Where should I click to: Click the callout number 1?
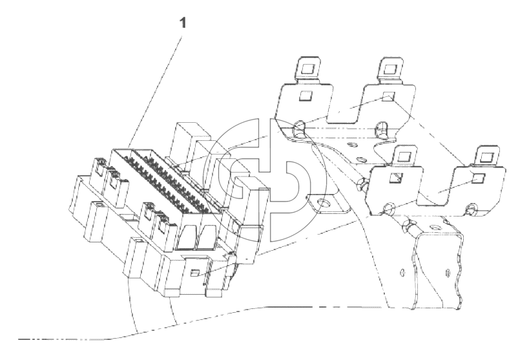click(x=183, y=23)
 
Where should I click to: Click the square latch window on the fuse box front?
click(x=195, y=273)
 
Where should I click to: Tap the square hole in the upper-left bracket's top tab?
click(x=307, y=69)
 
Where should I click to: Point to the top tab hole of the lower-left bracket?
click(x=402, y=156)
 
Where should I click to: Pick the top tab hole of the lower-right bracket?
click(x=486, y=157)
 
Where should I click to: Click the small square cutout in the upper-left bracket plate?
click(x=306, y=96)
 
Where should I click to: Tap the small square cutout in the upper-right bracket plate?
click(x=388, y=97)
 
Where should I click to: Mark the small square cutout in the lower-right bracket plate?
click(x=477, y=178)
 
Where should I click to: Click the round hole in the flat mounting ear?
click(x=326, y=204)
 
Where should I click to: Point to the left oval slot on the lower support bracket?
click(x=402, y=272)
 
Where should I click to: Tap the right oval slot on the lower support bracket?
click(x=448, y=272)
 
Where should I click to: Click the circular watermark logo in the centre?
click(x=265, y=180)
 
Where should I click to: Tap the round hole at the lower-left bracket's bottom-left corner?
click(x=388, y=208)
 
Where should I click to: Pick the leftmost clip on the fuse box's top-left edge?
click(x=100, y=166)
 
